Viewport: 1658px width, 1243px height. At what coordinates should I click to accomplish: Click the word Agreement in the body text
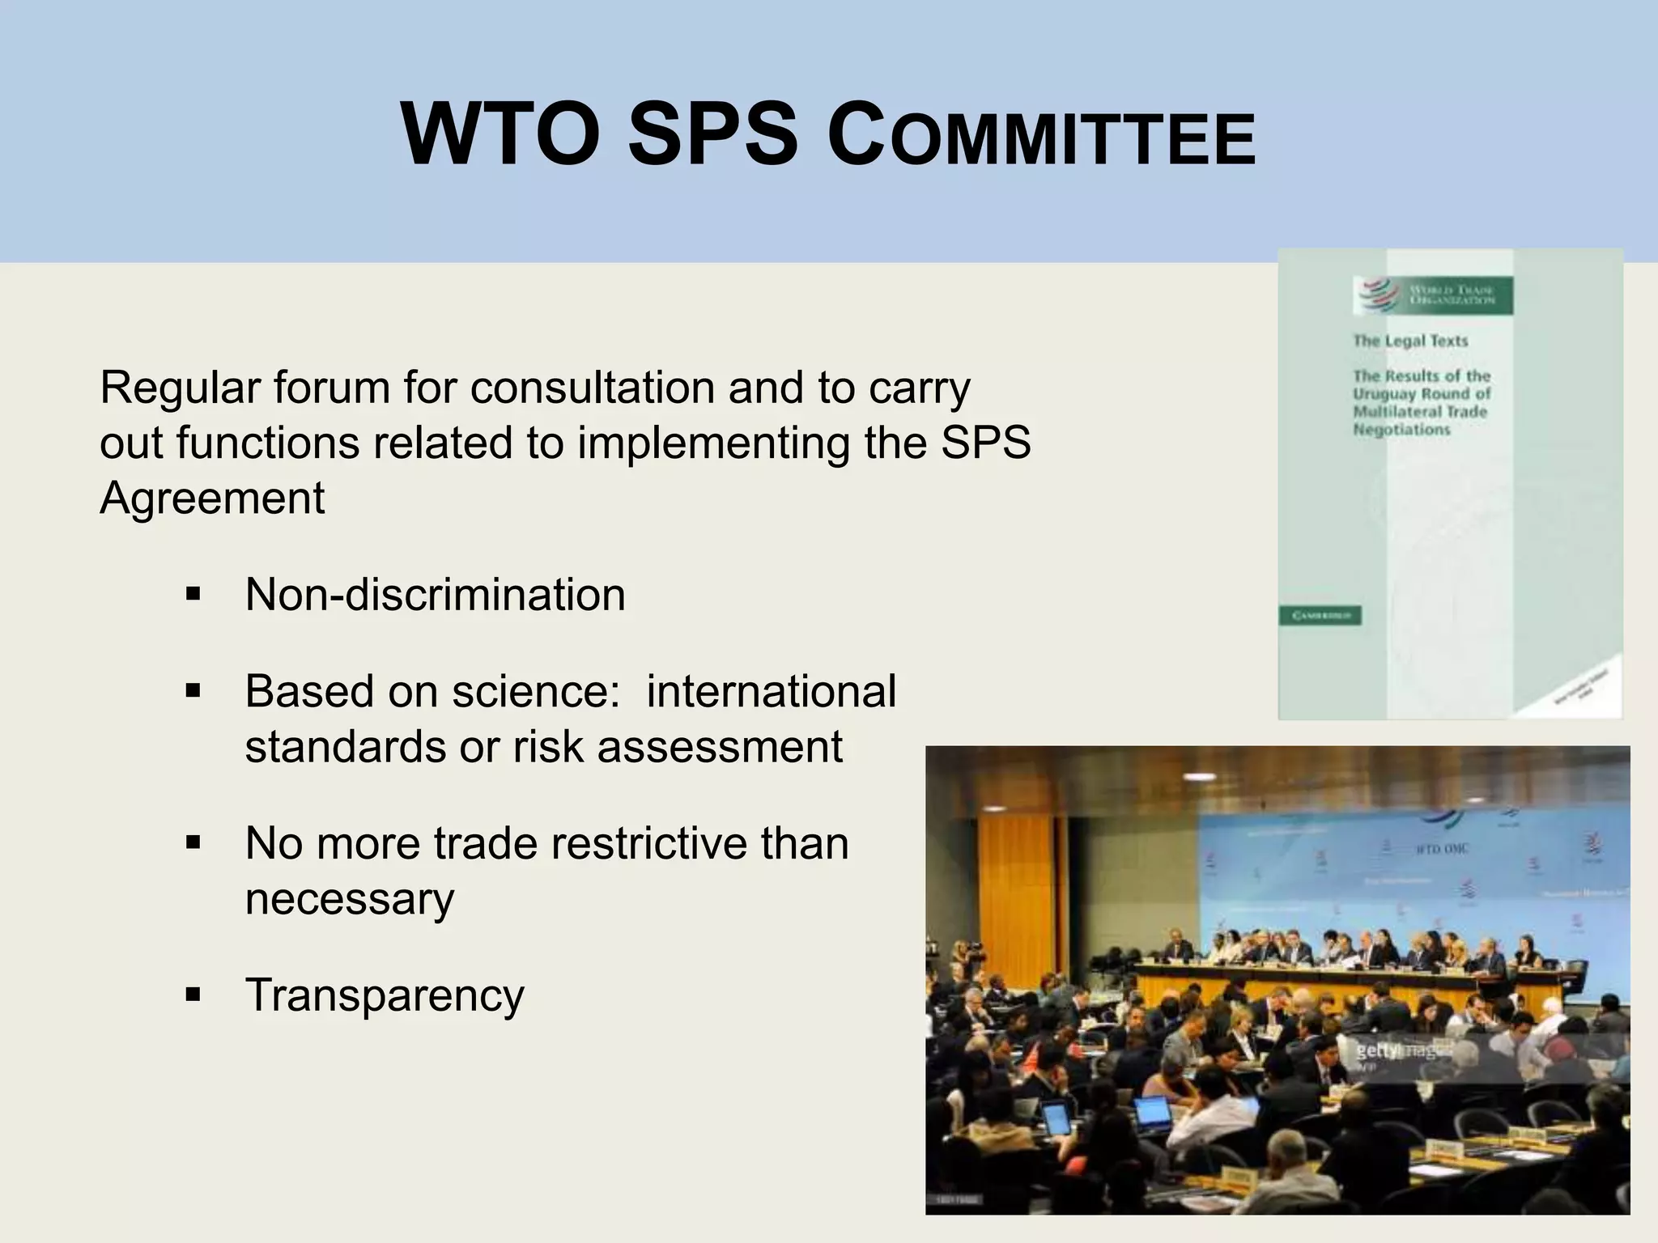click(x=212, y=497)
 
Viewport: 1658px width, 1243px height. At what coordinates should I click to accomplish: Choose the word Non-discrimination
click(x=435, y=595)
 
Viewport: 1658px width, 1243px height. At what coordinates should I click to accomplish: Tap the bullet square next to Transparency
click(x=193, y=995)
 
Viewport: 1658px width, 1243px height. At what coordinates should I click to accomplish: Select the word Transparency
click(x=385, y=995)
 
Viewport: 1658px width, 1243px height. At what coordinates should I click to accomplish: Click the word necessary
click(x=350, y=898)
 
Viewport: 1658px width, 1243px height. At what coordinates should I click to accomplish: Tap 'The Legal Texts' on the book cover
click(x=1410, y=341)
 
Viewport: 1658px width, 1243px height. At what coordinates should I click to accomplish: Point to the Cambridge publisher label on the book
click(x=1320, y=616)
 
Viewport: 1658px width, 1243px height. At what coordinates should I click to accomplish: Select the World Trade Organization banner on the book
click(x=1434, y=295)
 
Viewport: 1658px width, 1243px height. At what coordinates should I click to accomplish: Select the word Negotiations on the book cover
click(x=1401, y=430)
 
